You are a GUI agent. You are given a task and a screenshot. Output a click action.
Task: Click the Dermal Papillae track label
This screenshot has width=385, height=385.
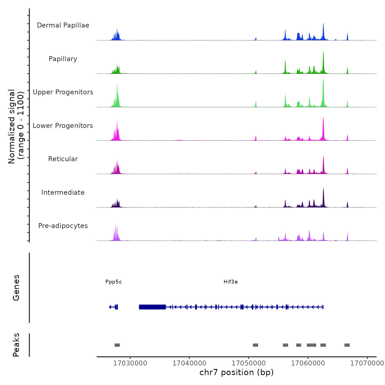[x=63, y=25]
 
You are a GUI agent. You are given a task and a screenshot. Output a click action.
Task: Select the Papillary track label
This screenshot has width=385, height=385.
[x=63, y=59]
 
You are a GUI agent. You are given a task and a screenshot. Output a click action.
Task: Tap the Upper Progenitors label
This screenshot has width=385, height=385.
[x=63, y=92]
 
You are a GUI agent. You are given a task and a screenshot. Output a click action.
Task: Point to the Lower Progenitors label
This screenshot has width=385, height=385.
[x=63, y=126]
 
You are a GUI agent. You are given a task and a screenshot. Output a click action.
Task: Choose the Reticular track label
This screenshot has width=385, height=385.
[x=63, y=159]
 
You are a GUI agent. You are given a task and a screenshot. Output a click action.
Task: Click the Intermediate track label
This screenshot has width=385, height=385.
[x=63, y=193]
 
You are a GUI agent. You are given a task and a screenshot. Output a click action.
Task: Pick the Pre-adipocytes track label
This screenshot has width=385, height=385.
[x=63, y=226]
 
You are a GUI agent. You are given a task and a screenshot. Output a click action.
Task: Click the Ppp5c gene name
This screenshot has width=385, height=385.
[x=114, y=282]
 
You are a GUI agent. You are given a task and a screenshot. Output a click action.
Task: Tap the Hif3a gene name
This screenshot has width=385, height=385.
[x=230, y=282]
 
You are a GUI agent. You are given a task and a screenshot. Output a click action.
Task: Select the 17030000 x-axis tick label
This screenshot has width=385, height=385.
[x=130, y=363]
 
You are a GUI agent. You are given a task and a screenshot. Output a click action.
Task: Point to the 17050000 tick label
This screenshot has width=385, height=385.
[x=249, y=363]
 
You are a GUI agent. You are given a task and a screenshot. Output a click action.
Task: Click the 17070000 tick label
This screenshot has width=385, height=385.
[x=367, y=363]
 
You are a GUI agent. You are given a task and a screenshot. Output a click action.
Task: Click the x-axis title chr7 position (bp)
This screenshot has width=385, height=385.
[x=237, y=373]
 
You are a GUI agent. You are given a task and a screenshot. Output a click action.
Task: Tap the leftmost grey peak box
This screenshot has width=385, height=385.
[x=117, y=345]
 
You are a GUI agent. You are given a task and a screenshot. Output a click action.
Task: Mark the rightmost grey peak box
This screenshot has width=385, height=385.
[x=347, y=345]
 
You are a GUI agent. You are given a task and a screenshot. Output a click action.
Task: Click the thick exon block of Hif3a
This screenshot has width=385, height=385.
[x=152, y=307]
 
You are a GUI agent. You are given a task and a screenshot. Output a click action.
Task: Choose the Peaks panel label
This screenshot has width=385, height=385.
[x=16, y=345]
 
